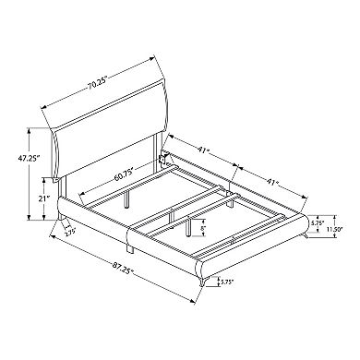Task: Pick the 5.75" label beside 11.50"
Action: tap(317, 223)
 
